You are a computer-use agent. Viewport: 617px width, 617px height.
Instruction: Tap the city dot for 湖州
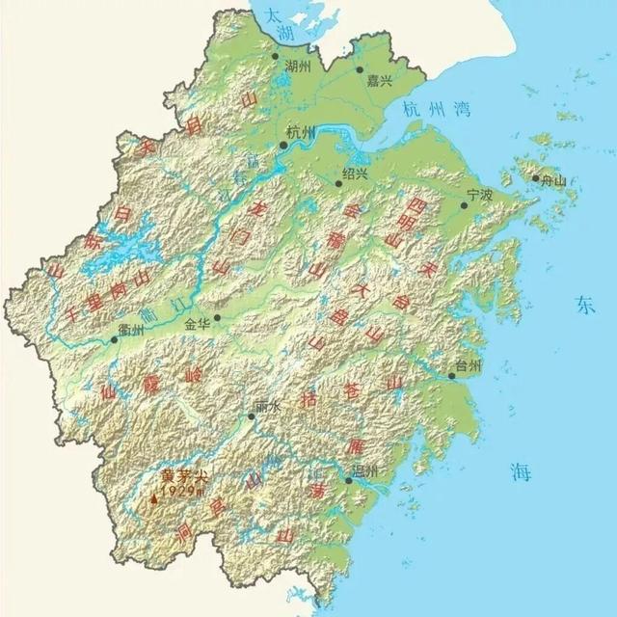pos(275,56)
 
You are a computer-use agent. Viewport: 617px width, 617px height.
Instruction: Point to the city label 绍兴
pos(356,174)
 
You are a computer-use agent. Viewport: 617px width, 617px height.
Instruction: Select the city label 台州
pos(469,364)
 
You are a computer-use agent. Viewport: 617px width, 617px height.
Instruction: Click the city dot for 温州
pos(348,481)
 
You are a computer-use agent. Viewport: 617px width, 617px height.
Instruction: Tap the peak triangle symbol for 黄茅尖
pos(153,499)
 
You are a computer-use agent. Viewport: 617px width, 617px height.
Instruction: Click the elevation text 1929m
pos(181,492)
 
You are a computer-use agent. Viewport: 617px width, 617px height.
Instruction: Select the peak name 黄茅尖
pos(183,476)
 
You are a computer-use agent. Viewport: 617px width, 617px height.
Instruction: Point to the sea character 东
pos(586,306)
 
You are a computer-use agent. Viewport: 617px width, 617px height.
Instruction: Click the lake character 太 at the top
pos(277,13)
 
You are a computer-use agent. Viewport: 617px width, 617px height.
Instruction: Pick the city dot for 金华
pos(218,317)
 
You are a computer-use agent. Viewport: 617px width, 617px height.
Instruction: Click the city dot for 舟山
pos(535,178)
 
